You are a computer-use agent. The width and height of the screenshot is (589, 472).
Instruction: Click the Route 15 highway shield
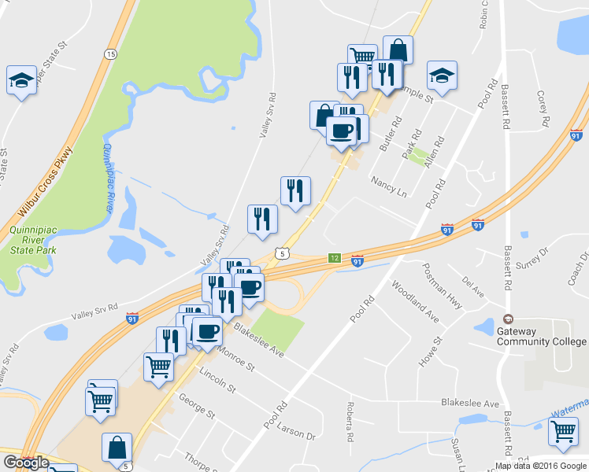tap(109, 53)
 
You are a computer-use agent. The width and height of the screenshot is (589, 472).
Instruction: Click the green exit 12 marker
tap(335, 258)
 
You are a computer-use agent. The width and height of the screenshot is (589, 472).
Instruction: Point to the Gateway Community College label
tap(552, 336)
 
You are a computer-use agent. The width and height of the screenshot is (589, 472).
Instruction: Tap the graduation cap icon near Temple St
tap(442, 76)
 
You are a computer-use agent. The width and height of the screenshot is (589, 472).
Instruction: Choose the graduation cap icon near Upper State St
tap(22, 79)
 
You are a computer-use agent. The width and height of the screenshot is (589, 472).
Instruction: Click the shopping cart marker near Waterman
tap(563, 431)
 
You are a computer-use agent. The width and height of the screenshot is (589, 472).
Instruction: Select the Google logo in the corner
tap(25, 463)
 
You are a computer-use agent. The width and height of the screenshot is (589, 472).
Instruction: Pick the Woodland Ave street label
tap(414, 302)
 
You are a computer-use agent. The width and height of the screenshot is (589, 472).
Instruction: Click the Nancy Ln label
tap(391, 186)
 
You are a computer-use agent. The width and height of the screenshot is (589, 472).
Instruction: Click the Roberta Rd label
tap(350, 422)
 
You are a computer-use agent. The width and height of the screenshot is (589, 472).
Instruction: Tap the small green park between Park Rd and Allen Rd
tap(418, 155)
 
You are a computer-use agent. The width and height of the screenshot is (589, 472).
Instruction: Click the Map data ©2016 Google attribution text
tap(539, 465)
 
